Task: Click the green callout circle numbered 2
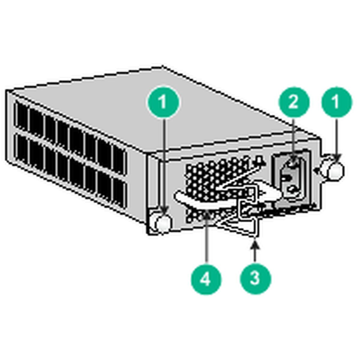click(x=293, y=102)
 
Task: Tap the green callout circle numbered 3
click(x=255, y=278)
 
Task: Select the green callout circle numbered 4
click(x=206, y=280)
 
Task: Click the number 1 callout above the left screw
click(x=163, y=102)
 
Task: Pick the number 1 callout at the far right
click(x=336, y=102)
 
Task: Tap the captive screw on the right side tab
click(x=334, y=170)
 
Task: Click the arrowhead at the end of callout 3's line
click(x=255, y=243)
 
